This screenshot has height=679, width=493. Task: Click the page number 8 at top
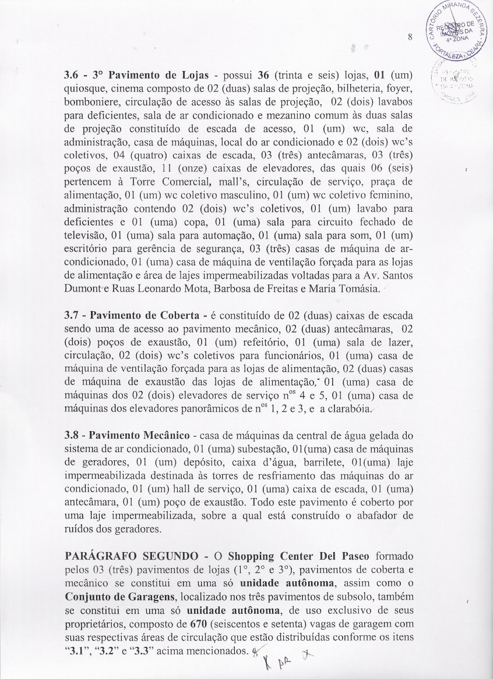point(410,37)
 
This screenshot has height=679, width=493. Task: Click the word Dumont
point(82,289)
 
